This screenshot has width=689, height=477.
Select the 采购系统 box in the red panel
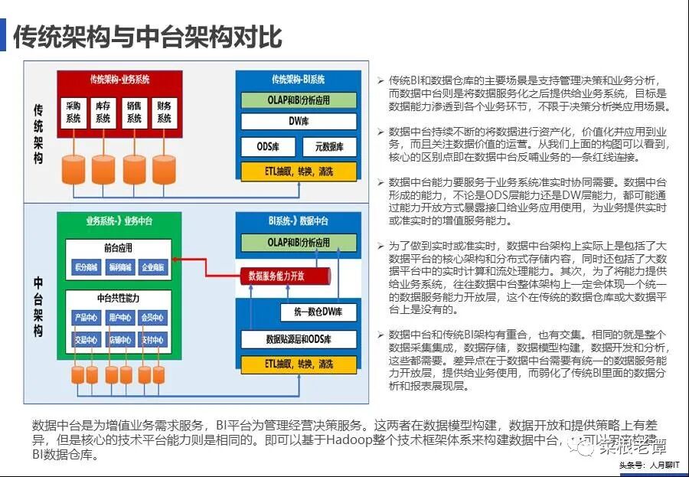tap(73, 113)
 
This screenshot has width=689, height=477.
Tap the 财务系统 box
tap(164, 113)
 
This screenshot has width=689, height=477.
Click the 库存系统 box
tap(103, 113)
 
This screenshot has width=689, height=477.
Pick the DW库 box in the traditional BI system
tap(299, 121)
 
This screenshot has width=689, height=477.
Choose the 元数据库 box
tap(329, 145)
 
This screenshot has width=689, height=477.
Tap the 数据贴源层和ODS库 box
tap(299, 339)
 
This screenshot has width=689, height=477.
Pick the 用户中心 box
tap(119, 317)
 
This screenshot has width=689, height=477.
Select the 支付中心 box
tap(153, 339)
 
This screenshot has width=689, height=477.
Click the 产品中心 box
tap(86, 317)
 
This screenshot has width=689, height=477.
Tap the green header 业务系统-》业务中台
tap(119, 221)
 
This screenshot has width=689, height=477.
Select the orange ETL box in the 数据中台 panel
tap(299, 364)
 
